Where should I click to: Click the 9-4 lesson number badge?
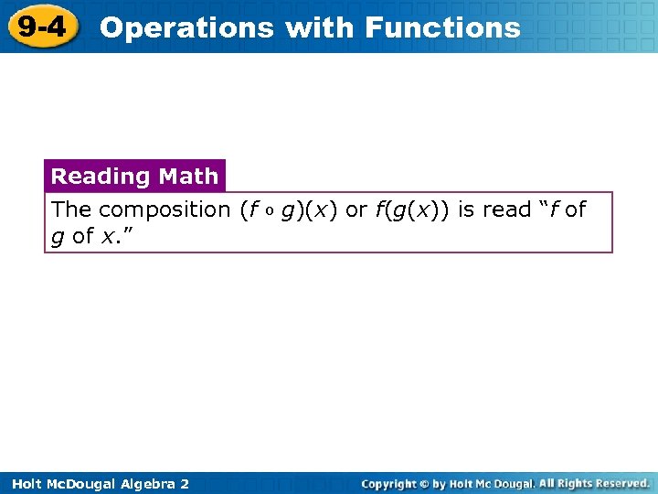pos(41,27)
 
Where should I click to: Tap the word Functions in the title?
pos(442,28)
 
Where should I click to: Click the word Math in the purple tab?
pos(187,176)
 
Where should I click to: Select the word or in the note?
pos(356,210)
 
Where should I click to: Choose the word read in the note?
pos(506,210)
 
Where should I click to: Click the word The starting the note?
pos(71,210)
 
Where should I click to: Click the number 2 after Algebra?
pos(185,484)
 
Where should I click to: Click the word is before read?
pos(466,210)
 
